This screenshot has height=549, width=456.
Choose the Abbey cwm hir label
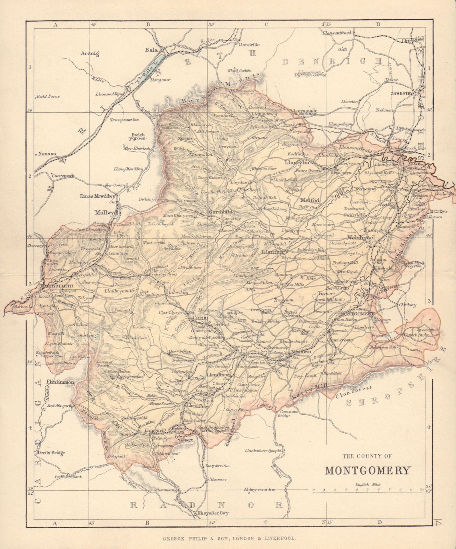[260, 490]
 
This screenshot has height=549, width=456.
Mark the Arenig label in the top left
[90, 53]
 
